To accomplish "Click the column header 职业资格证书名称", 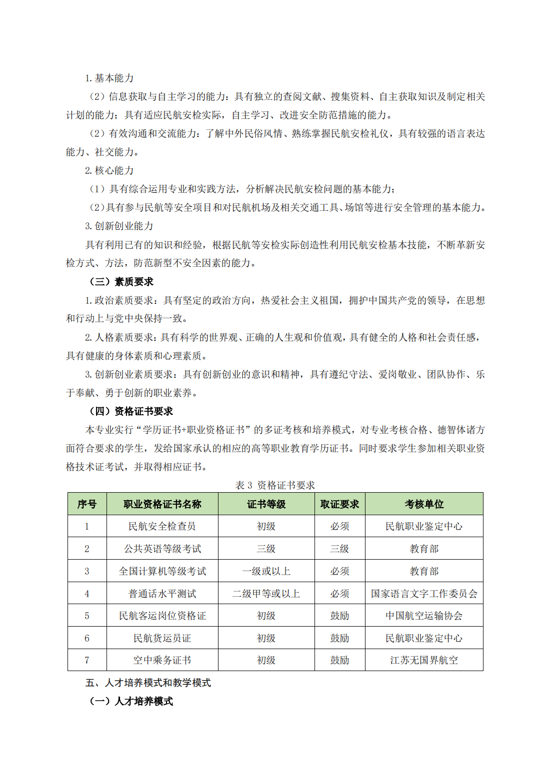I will [x=162, y=504].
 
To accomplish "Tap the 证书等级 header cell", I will [x=266, y=504].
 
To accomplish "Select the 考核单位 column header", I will [x=424, y=504].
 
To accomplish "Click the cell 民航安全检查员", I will [x=162, y=526].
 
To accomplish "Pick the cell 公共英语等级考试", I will [x=162, y=549].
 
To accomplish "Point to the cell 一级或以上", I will [x=266, y=571].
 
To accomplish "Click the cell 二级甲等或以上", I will [x=266, y=594].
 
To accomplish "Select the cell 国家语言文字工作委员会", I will [x=424, y=594].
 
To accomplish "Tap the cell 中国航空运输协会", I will [x=424, y=616].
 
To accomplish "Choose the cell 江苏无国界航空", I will [x=424, y=660].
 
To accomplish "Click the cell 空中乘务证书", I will [x=162, y=660].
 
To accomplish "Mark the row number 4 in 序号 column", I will [x=87, y=594].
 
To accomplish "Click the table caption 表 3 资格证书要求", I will [x=275, y=485].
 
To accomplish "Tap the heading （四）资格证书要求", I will [x=131, y=411].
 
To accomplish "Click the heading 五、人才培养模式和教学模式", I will [x=148, y=683].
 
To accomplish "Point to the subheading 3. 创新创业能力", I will [x=119, y=226].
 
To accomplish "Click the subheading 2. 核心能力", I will [x=109, y=170].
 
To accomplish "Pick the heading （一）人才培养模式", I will [x=131, y=701].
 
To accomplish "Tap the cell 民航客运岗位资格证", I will [x=162, y=616].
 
